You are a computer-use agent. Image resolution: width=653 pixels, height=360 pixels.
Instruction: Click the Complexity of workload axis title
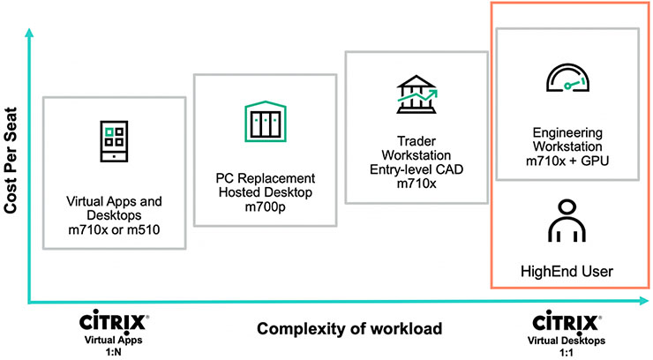340,330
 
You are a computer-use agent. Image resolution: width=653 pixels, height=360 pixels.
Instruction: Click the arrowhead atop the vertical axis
32,33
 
